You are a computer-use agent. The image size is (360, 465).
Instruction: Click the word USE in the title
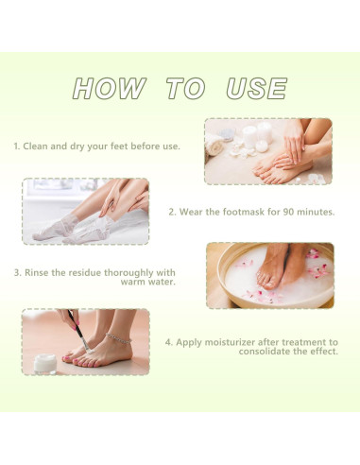pyautogui.click(x=256, y=89)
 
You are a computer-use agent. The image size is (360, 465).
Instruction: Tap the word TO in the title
pyautogui.click(x=185, y=89)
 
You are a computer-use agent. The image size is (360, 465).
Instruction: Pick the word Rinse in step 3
pyautogui.click(x=39, y=272)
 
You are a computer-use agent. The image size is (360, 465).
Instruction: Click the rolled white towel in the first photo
pyautogui.click(x=220, y=145)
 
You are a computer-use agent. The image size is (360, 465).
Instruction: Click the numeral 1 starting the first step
pyautogui.click(x=15, y=146)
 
